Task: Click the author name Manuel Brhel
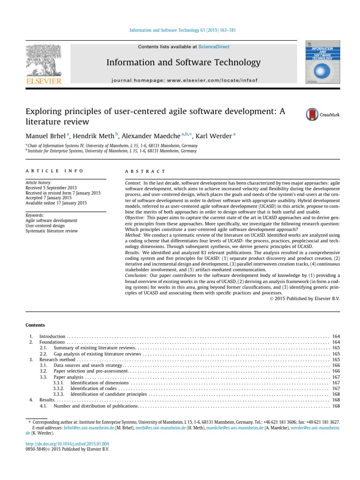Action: point(45,136)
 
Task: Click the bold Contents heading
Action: point(35,324)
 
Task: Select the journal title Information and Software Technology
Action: point(183,62)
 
